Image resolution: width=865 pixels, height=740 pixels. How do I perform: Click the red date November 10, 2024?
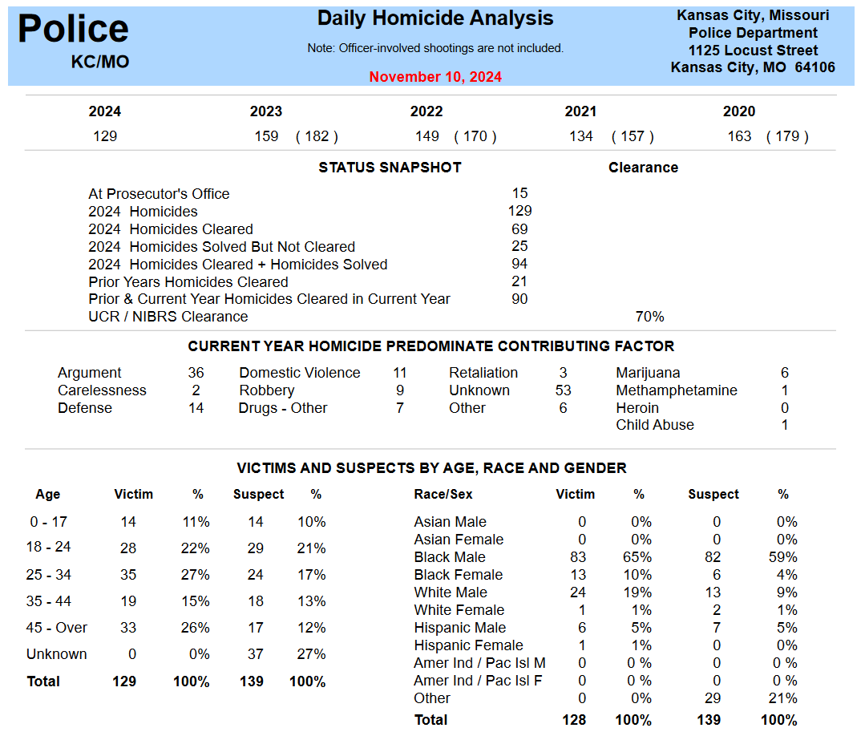coord(435,77)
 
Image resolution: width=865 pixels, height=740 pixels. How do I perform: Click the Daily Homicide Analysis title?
coord(435,18)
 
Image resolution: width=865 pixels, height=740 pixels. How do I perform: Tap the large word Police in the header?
coord(73,30)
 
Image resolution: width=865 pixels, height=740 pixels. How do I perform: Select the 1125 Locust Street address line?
coord(753,51)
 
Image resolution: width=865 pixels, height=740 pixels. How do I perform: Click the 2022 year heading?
coord(426,111)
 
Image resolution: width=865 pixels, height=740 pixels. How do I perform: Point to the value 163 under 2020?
coord(739,136)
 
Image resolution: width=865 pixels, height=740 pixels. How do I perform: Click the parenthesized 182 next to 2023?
coord(317,136)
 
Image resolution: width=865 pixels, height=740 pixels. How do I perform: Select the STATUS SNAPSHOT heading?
coord(390,168)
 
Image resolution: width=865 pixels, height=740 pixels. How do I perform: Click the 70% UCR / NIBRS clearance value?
coord(649,317)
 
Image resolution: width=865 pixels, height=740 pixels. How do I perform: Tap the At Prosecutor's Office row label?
coord(159,194)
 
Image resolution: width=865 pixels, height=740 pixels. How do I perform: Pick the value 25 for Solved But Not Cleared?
coord(519,246)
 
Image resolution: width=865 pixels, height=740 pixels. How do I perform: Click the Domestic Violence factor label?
coord(300,373)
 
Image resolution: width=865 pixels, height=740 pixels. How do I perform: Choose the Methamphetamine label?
coord(677,390)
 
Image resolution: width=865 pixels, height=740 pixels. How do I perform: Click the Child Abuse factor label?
coord(655,425)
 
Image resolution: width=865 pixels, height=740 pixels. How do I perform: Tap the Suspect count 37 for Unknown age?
coord(255,654)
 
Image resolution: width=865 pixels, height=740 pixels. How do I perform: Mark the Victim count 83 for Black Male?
coord(577,557)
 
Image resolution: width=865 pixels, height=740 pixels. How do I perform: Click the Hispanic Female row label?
coord(468,645)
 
